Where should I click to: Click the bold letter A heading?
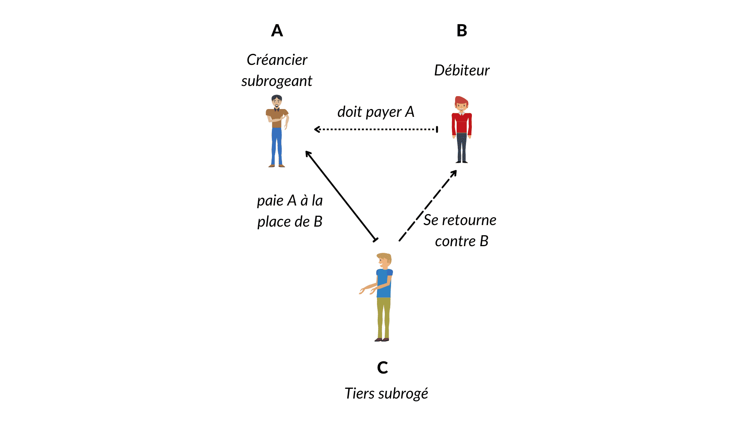coord(277,30)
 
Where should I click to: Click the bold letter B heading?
coord(462,30)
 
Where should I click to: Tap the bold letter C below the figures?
coord(382,368)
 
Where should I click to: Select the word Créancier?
coord(277,60)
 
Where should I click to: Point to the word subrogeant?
coord(277,81)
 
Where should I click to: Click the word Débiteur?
coord(462,70)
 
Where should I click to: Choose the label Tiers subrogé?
coord(386,393)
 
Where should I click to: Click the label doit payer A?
coord(376,112)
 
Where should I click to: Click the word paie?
coord(270,200)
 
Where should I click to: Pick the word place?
coord(274,222)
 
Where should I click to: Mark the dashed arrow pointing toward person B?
coord(428,206)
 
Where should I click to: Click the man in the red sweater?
coord(462,129)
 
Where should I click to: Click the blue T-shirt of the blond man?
coord(384,283)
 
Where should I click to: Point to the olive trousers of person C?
coord(384,316)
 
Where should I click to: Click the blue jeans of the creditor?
coord(277,147)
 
